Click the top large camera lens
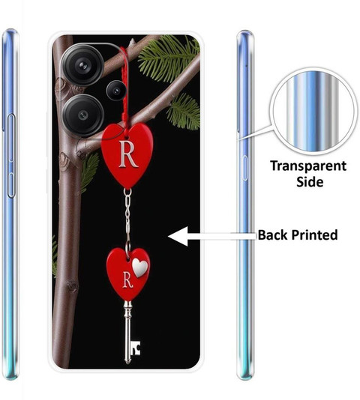pos(82,65)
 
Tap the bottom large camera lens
pos(82,115)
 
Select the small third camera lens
pos(116,91)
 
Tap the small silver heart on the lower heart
pos(139,267)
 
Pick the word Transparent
pos(308,166)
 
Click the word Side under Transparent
pos(310,182)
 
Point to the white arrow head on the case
pos(178,236)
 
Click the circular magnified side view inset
pos(313,111)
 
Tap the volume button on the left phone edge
pos(10,156)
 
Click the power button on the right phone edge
pos(245,168)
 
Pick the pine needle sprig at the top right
pos(169,58)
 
